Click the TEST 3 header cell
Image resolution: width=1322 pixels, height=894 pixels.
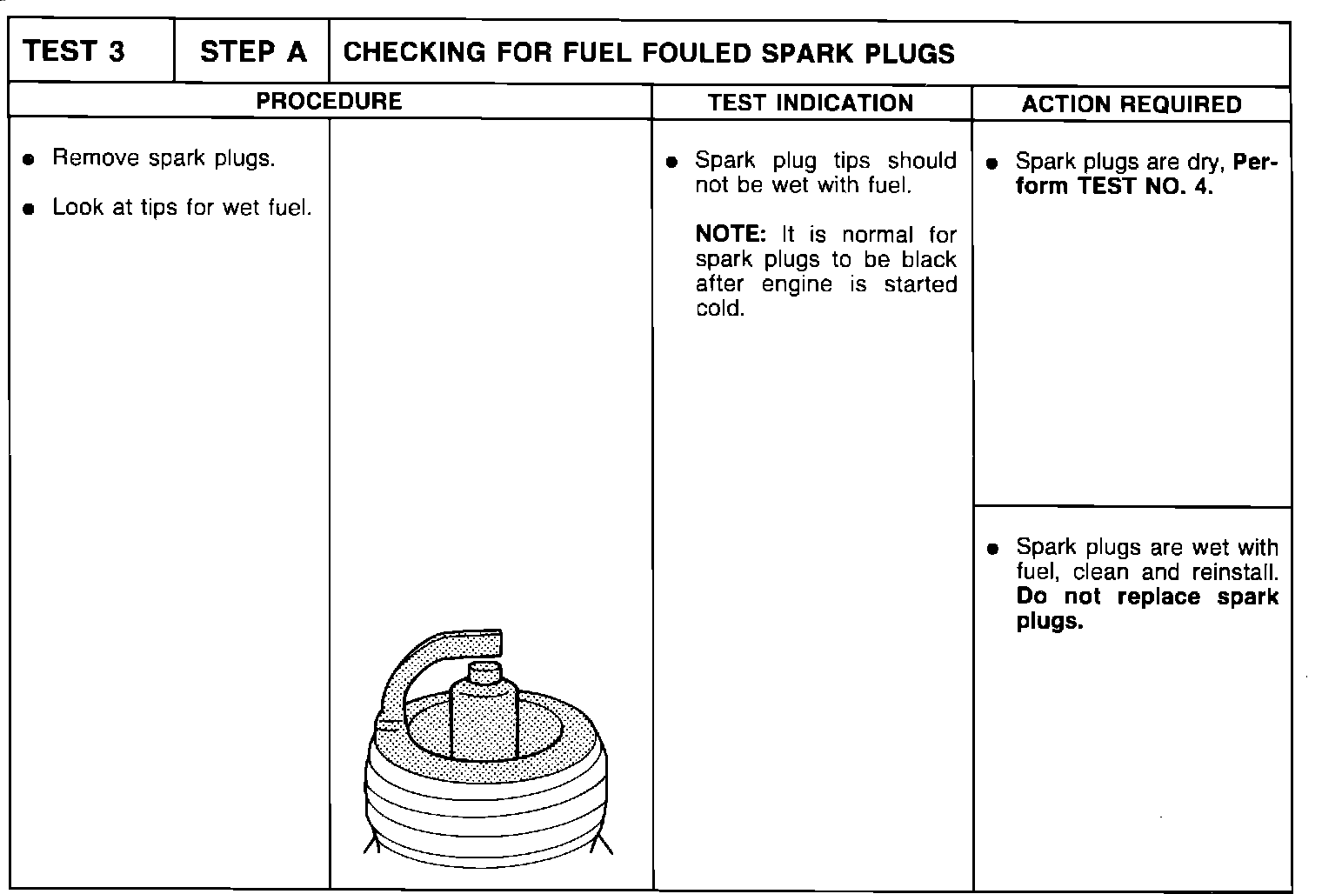coord(75,52)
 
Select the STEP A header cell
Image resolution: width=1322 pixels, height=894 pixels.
coord(253,52)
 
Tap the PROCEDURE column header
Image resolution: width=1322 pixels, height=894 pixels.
coord(329,102)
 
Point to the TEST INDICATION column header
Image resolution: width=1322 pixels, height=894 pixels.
coord(811,103)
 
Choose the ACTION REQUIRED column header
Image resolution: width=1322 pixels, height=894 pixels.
coord(1132,104)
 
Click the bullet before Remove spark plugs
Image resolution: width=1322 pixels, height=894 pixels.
coord(30,160)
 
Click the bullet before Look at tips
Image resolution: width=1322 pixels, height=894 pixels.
coord(30,209)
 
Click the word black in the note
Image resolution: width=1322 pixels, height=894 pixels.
coord(929,259)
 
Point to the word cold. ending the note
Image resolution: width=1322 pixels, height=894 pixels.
coord(720,309)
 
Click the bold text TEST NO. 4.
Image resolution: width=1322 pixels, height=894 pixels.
coord(1145,186)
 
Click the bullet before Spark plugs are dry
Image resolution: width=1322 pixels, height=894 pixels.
coord(992,163)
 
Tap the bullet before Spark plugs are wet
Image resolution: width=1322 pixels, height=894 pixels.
coord(992,550)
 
